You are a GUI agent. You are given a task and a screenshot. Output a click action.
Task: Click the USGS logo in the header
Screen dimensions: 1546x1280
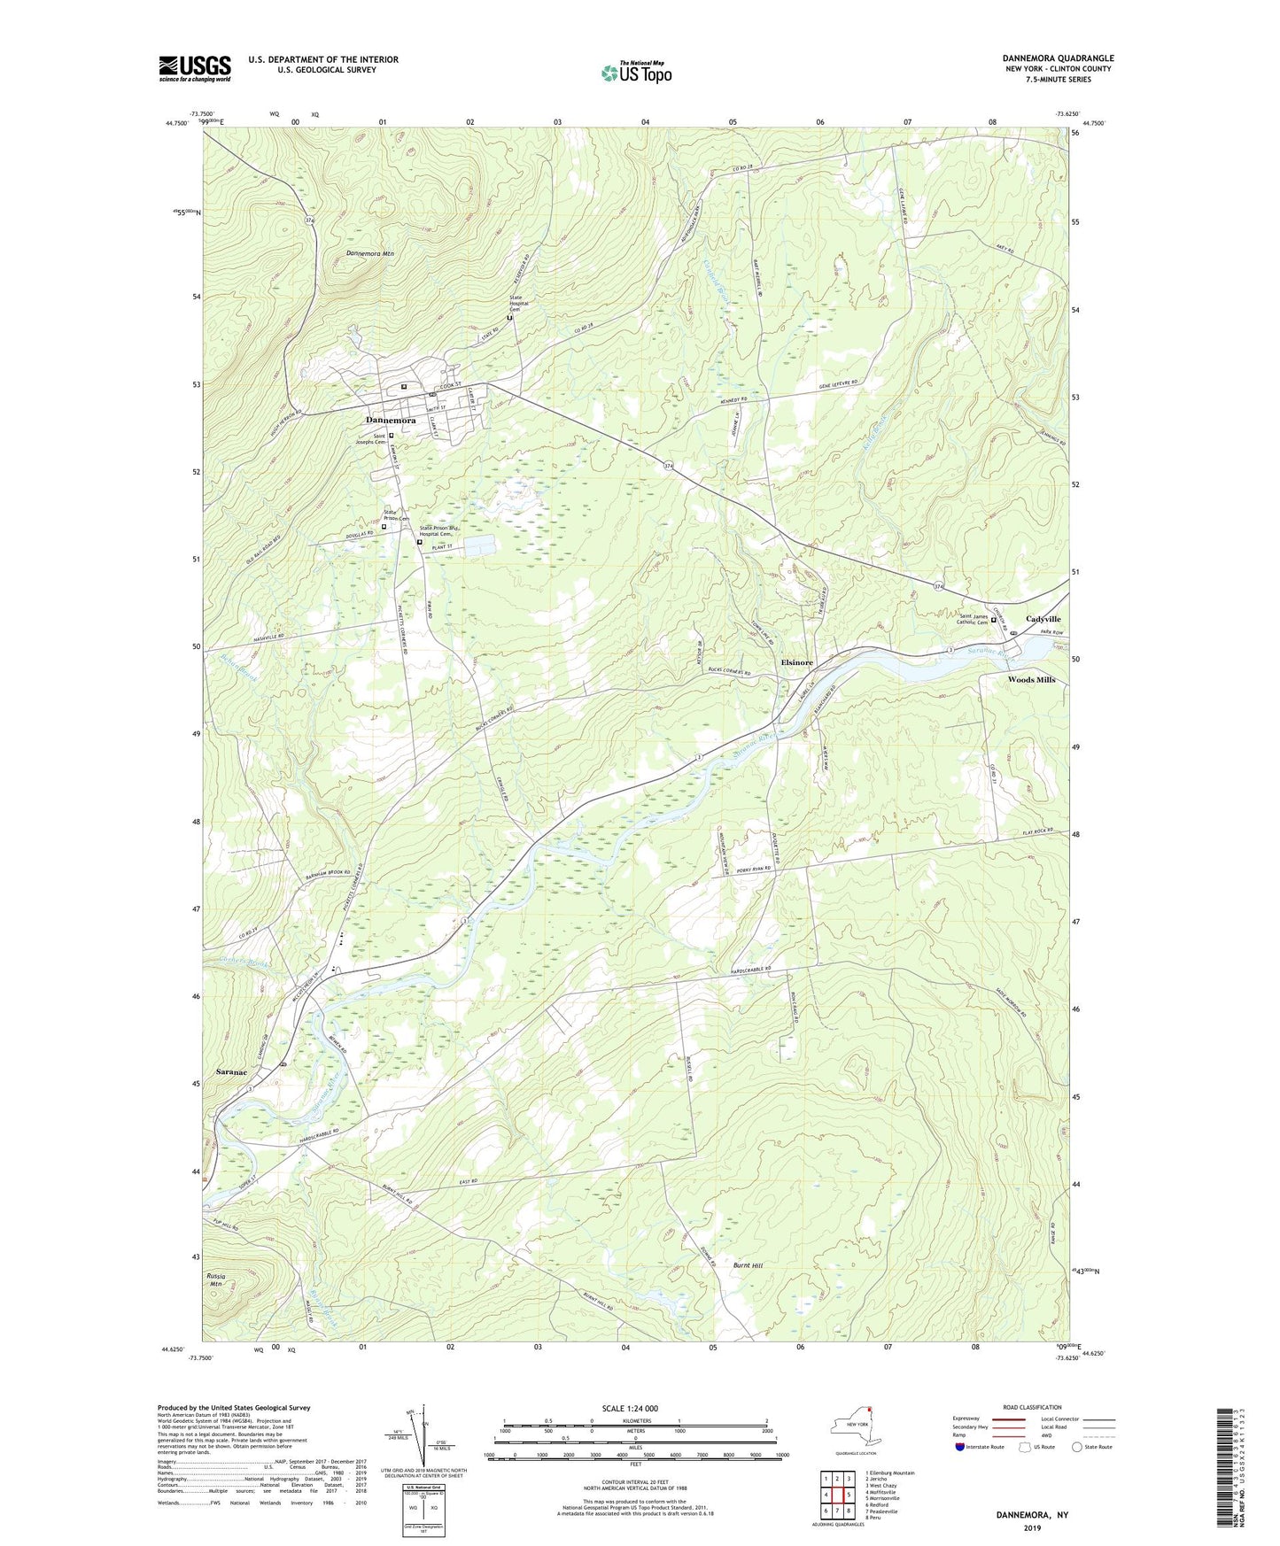pos(194,68)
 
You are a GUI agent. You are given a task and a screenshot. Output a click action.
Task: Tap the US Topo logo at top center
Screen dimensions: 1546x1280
pos(635,73)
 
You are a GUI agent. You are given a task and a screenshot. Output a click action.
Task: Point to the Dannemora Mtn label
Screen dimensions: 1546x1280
pos(369,254)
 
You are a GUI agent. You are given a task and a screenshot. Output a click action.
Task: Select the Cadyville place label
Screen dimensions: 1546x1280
pos(1043,619)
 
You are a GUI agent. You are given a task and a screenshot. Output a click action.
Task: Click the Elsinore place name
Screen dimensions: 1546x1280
pos(796,662)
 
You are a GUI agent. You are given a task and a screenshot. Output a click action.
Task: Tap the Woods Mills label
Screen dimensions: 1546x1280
pos(1031,680)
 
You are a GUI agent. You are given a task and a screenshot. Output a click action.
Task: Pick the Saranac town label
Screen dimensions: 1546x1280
pos(231,1071)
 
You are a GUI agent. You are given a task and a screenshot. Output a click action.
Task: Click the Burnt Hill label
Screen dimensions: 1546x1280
pos(748,1265)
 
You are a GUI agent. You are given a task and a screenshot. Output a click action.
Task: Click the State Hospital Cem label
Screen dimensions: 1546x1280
pos(519,303)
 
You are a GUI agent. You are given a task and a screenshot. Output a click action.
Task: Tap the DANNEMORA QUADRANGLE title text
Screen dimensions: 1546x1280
pos(1045,58)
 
